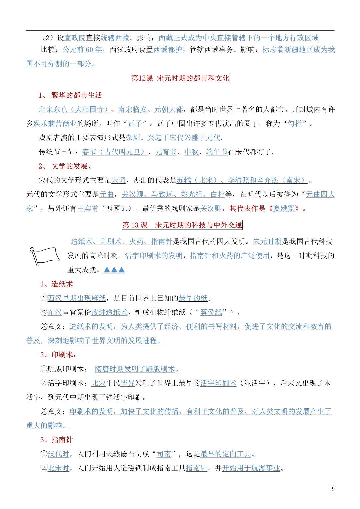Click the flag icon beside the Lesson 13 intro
(45, 255)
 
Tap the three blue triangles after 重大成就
(114, 270)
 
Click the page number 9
(333, 489)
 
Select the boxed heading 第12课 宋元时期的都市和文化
(180, 78)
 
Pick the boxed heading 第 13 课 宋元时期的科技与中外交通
(182, 225)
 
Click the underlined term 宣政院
(75, 38)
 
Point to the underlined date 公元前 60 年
(82, 50)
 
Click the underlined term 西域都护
(168, 50)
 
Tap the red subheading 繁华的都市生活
(76, 95)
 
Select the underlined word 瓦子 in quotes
(135, 124)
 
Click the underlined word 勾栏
(295, 124)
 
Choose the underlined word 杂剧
(133, 138)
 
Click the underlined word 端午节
(217, 152)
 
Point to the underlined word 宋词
(118, 180)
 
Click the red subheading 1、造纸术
(57, 284)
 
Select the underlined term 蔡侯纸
(211, 312)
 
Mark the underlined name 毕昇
(127, 383)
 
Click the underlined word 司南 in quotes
(164, 454)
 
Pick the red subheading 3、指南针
(57, 440)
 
